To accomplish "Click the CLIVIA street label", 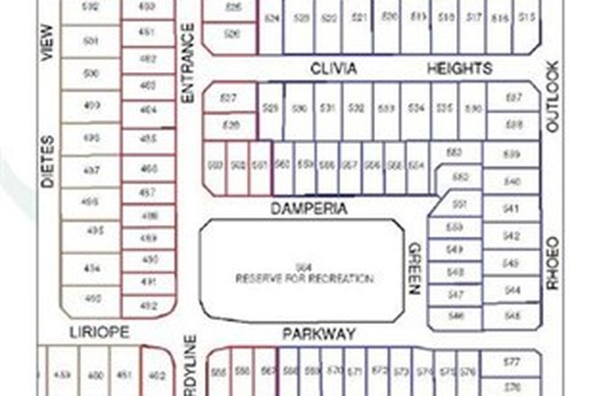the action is (x=334, y=68).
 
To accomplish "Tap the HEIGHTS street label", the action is (x=460, y=68).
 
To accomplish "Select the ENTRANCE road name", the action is (x=188, y=62).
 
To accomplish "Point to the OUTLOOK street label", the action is (x=553, y=97).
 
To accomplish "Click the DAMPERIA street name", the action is (x=309, y=207).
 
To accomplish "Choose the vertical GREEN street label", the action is (x=416, y=268).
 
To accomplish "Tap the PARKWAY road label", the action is (x=319, y=334).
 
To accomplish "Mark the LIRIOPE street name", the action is (x=100, y=332).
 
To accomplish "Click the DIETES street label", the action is (x=48, y=161).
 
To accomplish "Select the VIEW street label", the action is (x=48, y=42).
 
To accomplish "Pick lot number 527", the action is (x=229, y=97).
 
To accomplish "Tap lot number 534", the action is (x=416, y=108).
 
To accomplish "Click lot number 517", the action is (x=475, y=17).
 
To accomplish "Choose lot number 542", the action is (x=511, y=236).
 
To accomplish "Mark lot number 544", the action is (x=512, y=291).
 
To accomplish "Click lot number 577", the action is (x=512, y=363).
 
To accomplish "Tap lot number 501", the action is (x=90, y=40).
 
